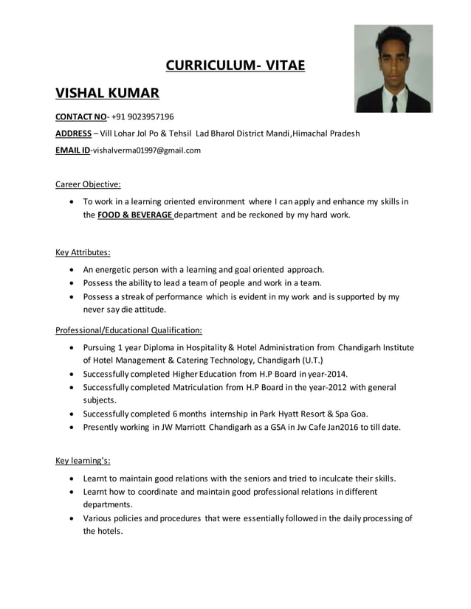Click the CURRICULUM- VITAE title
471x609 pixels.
tap(235, 66)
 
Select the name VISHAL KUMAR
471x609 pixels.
tap(107, 94)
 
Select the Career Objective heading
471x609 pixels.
tap(88, 184)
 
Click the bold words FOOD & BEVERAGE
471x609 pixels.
tap(135, 215)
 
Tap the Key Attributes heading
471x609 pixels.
tap(83, 252)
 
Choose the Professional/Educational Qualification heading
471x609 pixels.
tap(128, 330)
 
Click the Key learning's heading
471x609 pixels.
tap(83, 461)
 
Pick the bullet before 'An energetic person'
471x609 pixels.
tap(70, 270)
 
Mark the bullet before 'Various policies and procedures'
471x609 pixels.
tap(70, 518)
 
